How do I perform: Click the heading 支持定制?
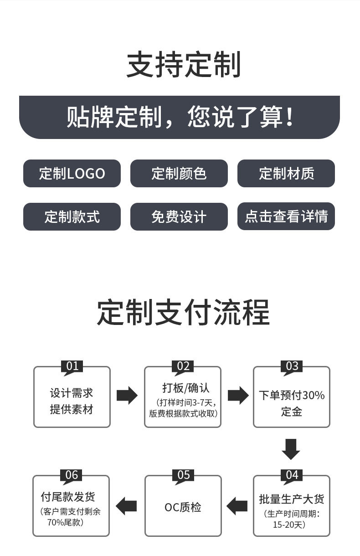[183, 65]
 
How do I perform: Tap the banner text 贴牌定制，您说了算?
[180, 117]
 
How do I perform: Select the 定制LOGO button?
[72, 174]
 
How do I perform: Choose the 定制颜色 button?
[179, 174]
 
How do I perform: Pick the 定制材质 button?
[286, 174]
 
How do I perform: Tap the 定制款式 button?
[72, 216]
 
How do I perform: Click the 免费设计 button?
[179, 216]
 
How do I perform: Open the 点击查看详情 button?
[286, 216]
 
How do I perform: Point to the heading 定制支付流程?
[183, 312]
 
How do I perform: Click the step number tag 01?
[72, 366]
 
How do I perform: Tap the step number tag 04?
[292, 475]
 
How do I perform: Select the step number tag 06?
[72, 475]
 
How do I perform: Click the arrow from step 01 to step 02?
[127, 395]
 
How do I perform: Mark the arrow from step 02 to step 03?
[238, 395]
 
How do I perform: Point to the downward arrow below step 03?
[291, 449]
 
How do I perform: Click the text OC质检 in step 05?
[183, 507]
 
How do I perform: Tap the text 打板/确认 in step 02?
[186, 388]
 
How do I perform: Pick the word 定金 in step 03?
[292, 412]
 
